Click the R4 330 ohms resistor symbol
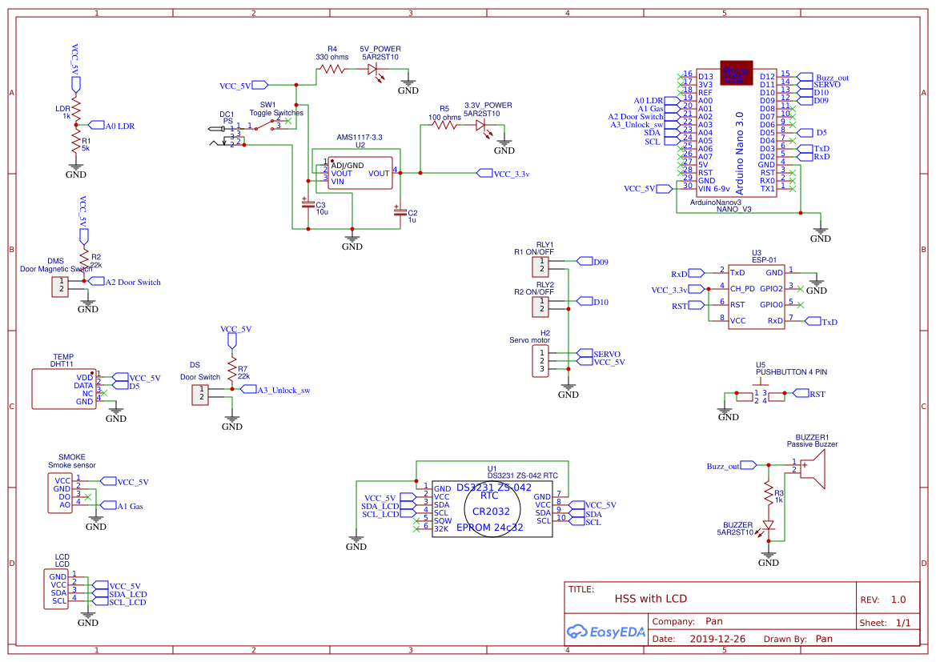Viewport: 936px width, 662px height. (331, 70)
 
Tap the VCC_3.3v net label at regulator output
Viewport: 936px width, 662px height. (504, 173)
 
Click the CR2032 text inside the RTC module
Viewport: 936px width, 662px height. (491, 511)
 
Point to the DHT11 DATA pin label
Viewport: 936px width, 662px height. (83, 385)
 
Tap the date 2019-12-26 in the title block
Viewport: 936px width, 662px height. (717, 639)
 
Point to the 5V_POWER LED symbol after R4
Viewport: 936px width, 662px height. (373, 70)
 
